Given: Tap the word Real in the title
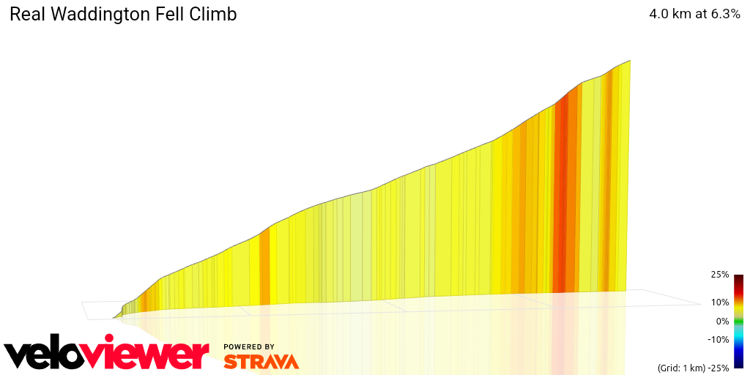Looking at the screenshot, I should [x=26, y=15].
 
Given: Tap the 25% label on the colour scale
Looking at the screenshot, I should [x=719, y=275].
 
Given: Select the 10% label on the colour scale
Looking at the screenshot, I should [x=719, y=302].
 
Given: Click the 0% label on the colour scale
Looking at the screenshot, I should [x=722, y=321].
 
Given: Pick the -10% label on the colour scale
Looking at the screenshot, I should [x=718, y=339].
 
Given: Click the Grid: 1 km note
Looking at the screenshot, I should [x=680, y=366].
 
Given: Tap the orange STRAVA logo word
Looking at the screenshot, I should [x=261, y=361].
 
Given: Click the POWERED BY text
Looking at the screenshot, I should [x=249, y=346].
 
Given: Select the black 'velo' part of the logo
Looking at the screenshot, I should [x=44, y=356].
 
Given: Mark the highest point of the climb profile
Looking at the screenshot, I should [x=630, y=61].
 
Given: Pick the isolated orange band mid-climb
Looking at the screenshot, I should [x=264, y=267].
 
